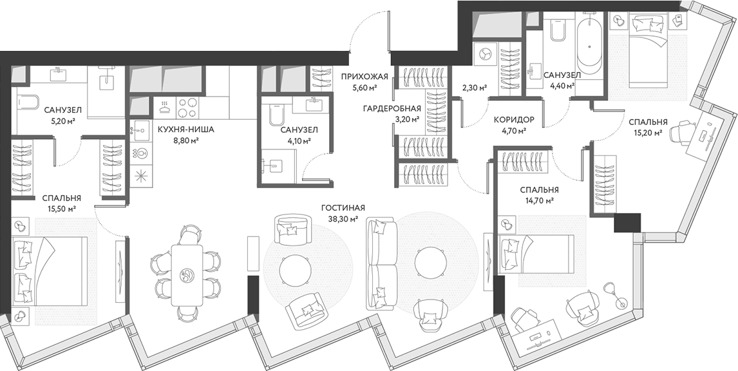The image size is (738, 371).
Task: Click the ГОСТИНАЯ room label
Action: [343, 208]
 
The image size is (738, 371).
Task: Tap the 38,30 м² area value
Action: [343, 218]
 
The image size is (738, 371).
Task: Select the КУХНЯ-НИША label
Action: [186, 129]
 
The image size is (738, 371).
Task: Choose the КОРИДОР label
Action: [514, 120]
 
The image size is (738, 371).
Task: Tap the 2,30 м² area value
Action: [474, 88]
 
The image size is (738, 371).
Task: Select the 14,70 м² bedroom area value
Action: [539, 201]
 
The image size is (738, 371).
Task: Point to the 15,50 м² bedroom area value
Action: [61, 209]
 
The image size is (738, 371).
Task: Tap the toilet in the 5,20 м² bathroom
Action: [28, 103]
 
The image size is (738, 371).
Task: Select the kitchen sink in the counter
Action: [140, 129]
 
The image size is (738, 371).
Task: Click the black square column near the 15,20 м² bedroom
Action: [626, 223]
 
